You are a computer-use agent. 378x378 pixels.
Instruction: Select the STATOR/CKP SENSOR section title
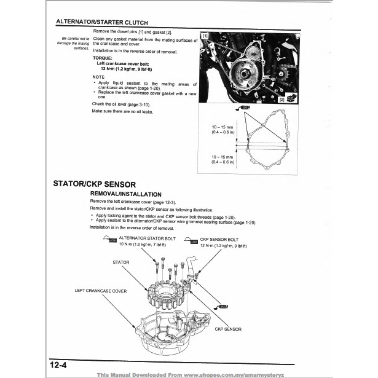[98, 184]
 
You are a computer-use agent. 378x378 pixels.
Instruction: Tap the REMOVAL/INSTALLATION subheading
[125, 194]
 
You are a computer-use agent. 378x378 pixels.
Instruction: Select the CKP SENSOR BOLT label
[219, 237]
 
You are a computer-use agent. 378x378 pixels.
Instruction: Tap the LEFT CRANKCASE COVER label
[101, 291]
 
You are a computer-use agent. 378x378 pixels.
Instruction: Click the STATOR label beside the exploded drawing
[121, 262]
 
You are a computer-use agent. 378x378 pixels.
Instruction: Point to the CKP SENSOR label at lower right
[228, 329]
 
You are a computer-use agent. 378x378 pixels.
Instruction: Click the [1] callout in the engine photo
[205, 36]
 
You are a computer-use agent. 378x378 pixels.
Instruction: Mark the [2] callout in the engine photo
[281, 99]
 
